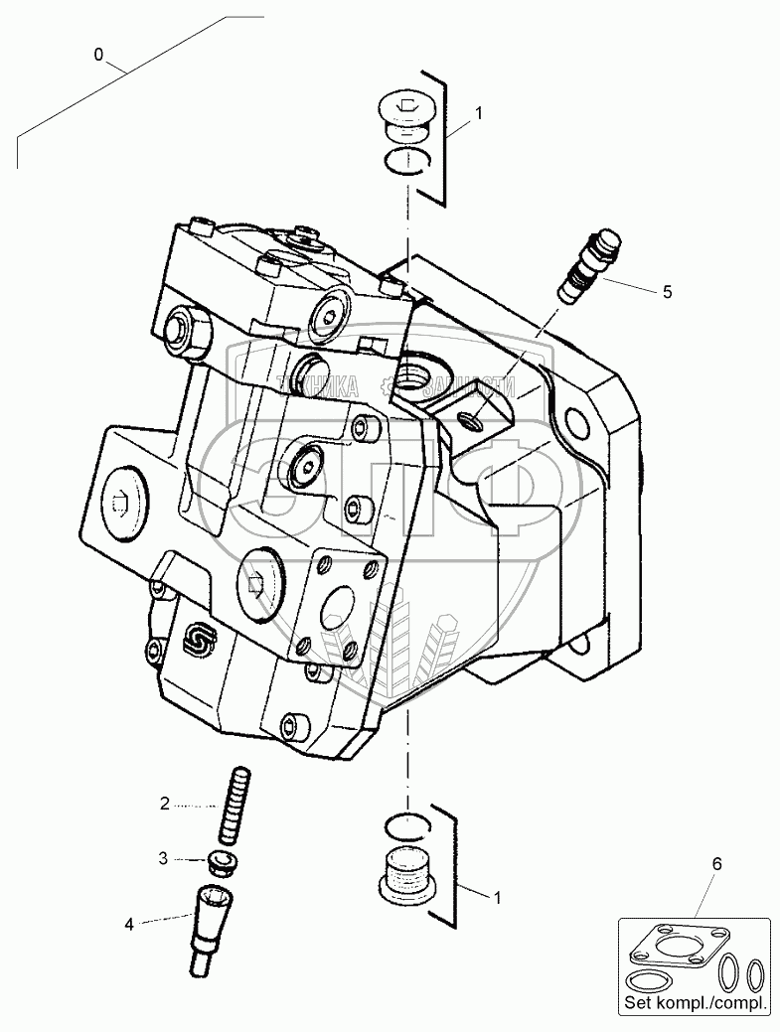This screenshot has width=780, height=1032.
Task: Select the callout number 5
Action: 668,291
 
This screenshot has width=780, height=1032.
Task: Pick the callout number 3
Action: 164,857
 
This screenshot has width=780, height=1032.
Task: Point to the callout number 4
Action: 129,925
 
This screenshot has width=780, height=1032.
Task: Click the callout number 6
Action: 714,864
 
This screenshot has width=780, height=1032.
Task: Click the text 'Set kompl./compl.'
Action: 695,1004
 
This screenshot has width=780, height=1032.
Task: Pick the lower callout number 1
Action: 497,897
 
